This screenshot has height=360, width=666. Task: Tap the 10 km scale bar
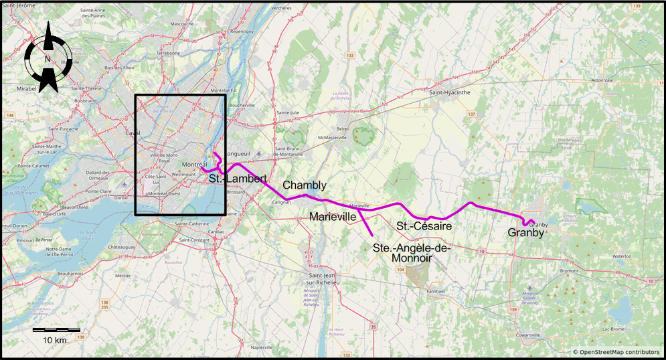tap(56, 331)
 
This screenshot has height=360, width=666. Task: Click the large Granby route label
tap(525, 233)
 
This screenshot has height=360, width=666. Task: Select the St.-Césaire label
tap(424, 226)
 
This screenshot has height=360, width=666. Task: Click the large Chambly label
tap(305, 185)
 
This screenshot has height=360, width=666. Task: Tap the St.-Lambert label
tap(238, 179)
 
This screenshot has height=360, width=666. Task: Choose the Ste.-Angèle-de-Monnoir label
tap(412, 252)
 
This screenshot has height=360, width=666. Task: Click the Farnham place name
tap(434, 291)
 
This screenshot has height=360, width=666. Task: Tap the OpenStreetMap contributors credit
tap(616, 352)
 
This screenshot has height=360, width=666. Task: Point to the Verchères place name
tap(282, 8)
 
